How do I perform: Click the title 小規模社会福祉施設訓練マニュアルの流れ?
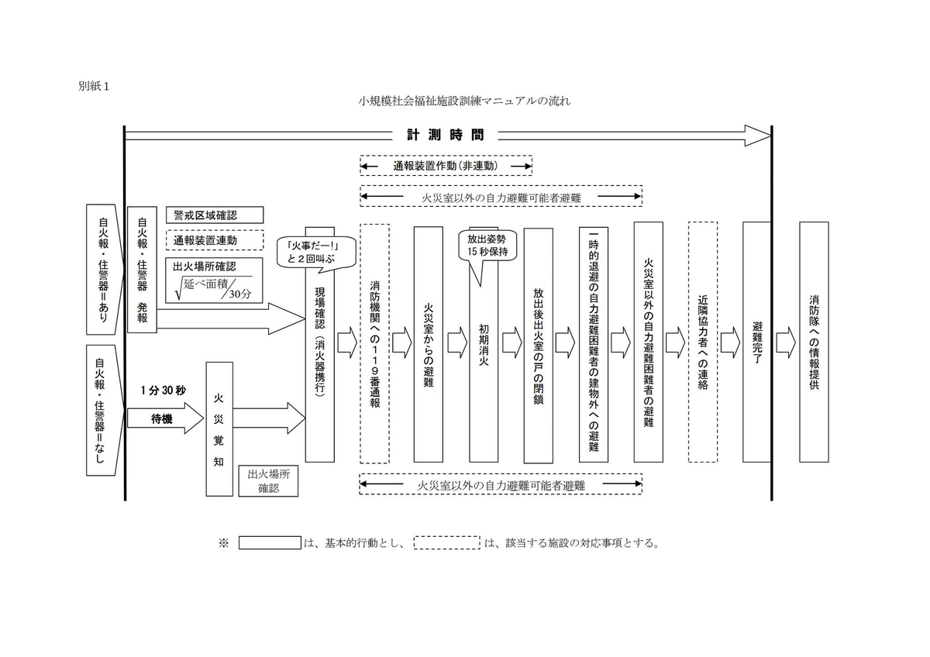[465, 101]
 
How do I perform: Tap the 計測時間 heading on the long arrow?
[446, 135]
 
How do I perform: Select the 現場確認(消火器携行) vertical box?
[319, 364]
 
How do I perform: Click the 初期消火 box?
[484, 364]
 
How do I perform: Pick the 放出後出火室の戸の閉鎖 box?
[539, 345]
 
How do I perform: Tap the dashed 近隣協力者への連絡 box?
[703, 342]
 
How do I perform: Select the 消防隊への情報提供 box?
[814, 341]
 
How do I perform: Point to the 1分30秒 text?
[164, 390]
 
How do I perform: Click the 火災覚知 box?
[219, 428]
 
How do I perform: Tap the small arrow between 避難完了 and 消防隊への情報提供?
[785, 339]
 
